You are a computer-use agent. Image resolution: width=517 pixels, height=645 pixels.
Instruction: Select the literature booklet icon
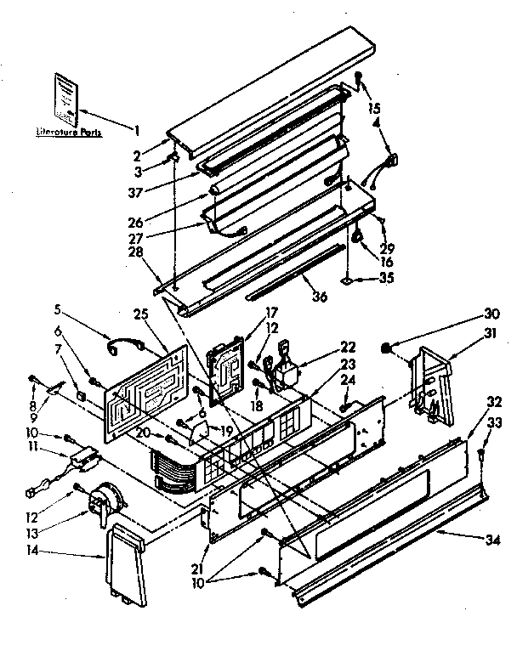click(x=66, y=96)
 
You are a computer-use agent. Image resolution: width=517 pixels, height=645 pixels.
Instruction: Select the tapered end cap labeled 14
click(x=128, y=563)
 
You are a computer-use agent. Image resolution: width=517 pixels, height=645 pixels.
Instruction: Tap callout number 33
click(x=493, y=423)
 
